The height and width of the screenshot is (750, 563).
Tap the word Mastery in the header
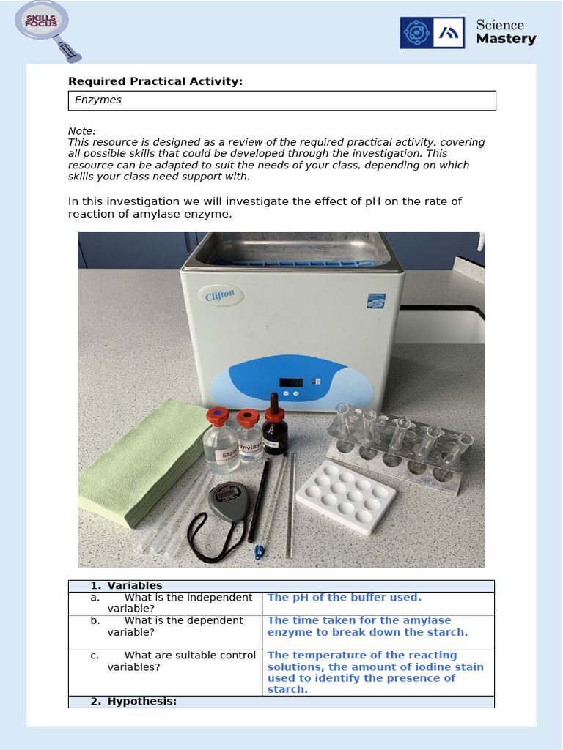click(506, 40)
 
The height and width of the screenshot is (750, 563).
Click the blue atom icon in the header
click(417, 33)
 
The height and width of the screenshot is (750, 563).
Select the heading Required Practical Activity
click(155, 81)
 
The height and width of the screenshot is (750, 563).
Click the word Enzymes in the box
click(98, 100)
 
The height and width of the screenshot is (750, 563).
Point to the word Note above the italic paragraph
click(81, 131)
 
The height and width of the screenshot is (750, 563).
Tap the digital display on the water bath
click(291, 382)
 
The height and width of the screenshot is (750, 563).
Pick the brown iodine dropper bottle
click(275, 428)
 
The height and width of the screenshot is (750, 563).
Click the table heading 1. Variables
click(126, 586)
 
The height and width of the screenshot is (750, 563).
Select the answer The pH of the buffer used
click(344, 598)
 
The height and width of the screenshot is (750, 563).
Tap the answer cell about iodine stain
click(375, 672)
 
